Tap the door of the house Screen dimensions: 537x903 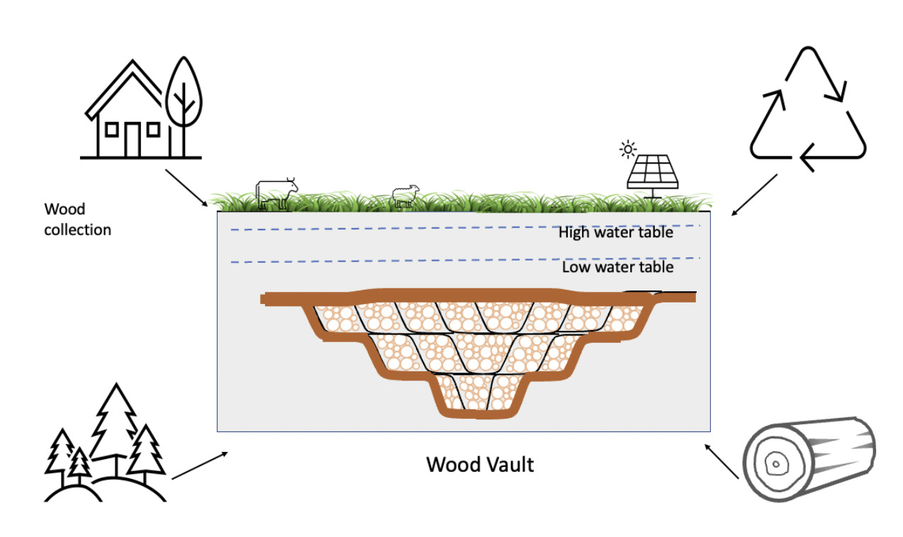(132, 140)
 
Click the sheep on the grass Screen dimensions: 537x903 (406, 196)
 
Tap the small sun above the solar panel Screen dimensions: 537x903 (627, 149)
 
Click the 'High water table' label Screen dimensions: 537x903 (615, 232)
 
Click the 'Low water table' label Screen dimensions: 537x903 (617, 268)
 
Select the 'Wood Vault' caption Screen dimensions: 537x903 (480, 465)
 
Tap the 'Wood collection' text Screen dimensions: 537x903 (77, 220)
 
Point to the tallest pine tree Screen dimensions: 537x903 (113, 425)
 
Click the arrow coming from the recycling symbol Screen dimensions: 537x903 (754, 194)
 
